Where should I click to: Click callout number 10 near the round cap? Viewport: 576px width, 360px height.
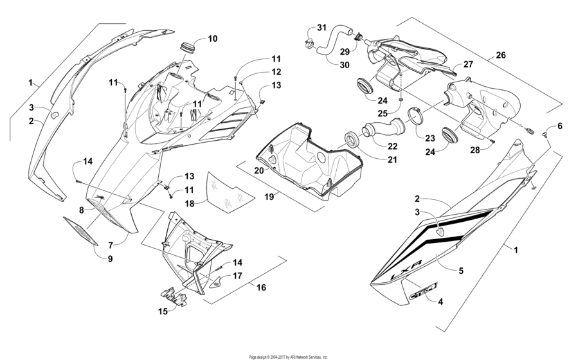click(212, 39)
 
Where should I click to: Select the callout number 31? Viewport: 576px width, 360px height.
click(321, 28)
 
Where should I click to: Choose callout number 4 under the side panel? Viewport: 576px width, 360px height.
click(440, 300)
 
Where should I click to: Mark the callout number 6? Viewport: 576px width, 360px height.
click(559, 125)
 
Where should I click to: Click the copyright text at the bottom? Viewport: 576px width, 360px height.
click(288, 356)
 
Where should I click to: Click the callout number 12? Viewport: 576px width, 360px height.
click(258, 71)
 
